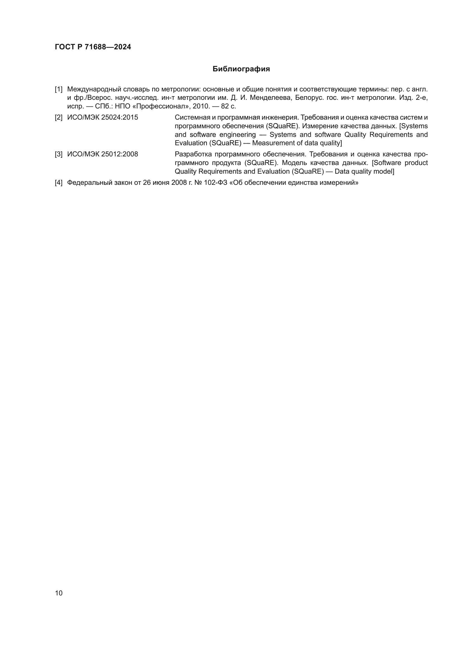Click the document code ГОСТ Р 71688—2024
[x=93, y=47]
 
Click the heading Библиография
[x=241, y=69]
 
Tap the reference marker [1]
[x=59, y=89]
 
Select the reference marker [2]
[x=59, y=118]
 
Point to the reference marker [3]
[x=59, y=154]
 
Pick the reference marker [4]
[x=59, y=183]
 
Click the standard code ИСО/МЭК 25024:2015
[x=103, y=118]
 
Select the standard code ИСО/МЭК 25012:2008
[x=103, y=154]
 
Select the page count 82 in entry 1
[x=225, y=106]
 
